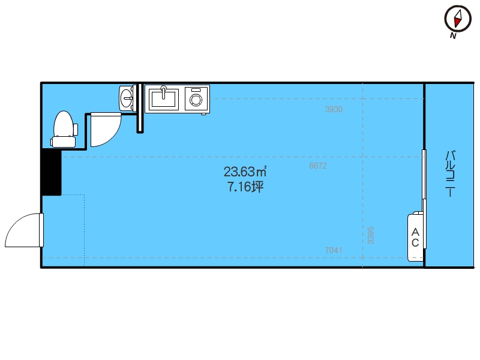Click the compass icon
[x=458, y=19]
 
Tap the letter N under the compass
[x=453, y=36]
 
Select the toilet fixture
[x=64, y=129]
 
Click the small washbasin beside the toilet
[x=127, y=98]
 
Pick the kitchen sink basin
[x=163, y=98]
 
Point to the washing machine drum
[x=196, y=100]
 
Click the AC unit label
[x=415, y=237]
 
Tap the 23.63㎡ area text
[x=245, y=172]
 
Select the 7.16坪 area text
[x=245, y=187]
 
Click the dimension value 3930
[x=334, y=109]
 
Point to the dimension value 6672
[x=318, y=166]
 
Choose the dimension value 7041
[x=334, y=250]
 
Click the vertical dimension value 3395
[x=371, y=235]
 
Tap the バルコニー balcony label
[x=451, y=173]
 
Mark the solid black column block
[x=52, y=172]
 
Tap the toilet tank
[x=64, y=142]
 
